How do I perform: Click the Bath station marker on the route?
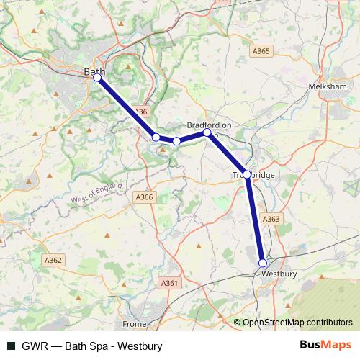click(x=97, y=78)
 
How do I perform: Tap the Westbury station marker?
click(x=263, y=263)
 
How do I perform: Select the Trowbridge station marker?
click(x=247, y=174)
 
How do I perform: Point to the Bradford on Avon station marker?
click(x=207, y=132)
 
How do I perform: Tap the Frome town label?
click(x=134, y=324)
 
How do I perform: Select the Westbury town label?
click(x=279, y=274)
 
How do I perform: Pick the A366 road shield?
click(x=145, y=197)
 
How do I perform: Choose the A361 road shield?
click(x=169, y=284)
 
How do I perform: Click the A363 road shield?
click(x=271, y=219)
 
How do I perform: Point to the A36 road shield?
click(x=140, y=112)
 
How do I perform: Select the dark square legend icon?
click(x=11, y=346)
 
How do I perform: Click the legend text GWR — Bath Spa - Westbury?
click(x=92, y=346)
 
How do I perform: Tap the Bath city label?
click(x=93, y=71)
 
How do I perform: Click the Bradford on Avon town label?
click(x=209, y=125)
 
